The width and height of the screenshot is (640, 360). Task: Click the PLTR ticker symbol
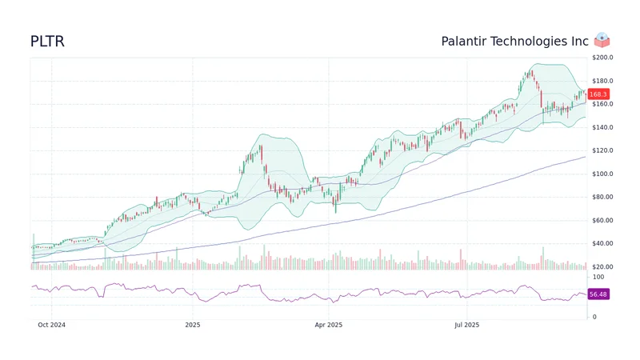pos(47,42)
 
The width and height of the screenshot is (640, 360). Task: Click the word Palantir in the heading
pos(466,42)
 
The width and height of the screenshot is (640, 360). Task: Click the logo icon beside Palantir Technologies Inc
pos(602,41)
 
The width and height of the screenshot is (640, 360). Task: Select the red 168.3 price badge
pos(598,94)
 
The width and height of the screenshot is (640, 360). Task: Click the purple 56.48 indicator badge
pos(598,294)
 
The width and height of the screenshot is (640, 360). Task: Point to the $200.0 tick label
pos(602,58)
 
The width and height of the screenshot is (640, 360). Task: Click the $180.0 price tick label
pos(602,81)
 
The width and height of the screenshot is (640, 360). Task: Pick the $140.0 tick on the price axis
pos(602,127)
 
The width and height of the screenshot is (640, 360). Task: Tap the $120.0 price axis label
pos(602,150)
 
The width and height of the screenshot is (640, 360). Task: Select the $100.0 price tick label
pos(602,174)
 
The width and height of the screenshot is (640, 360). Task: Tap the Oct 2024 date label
pos(52,325)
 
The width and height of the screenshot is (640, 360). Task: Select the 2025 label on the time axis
pos(192,325)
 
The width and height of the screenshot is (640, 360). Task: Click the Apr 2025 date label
pos(328,325)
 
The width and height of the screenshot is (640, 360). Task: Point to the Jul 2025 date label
pos(466,325)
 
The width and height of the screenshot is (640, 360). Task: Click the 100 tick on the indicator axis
pos(598,277)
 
